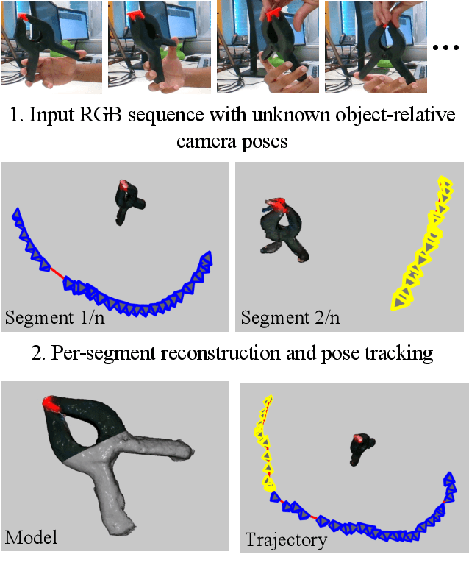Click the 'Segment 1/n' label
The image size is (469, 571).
coord(51,318)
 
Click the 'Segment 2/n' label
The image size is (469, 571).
coord(289,318)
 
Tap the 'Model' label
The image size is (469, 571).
coord(32,537)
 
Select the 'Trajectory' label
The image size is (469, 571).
coord(286,540)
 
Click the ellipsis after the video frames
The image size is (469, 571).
coord(445,48)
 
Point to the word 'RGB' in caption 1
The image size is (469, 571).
coord(160,116)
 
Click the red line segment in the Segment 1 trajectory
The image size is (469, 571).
coord(57,272)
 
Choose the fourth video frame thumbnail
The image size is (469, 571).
coord(373,46)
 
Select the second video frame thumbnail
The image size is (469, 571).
coord(157,46)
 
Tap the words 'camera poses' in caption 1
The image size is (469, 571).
coord(232,141)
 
